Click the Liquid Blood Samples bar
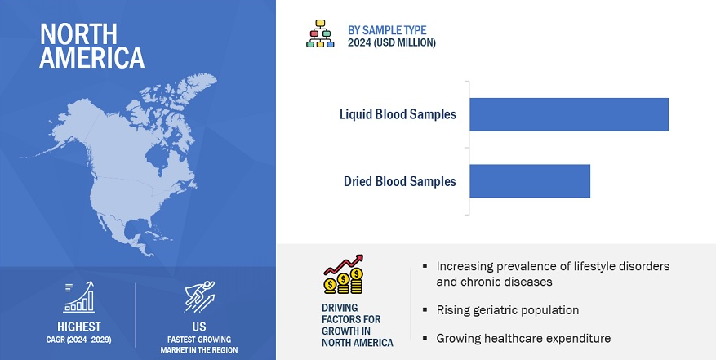pyautogui.click(x=569, y=114)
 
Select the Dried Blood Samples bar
pyautogui.click(x=530, y=181)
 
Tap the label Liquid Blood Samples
pyautogui.click(x=398, y=114)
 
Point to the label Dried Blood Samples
pyautogui.click(x=400, y=181)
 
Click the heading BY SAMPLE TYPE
pyautogui.click(x=387, y=30)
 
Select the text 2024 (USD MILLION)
pyautogui.click(x=392, y=43)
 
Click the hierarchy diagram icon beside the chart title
pyautogui.click(x=320, y=33)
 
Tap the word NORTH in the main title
pyautogui.click(x=78, y=33)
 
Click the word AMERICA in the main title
pyautogui.click(x=91, y=58)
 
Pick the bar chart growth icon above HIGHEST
pyautogui.click(x=79, y=297)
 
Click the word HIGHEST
pyautogui.click(x=79, y=327)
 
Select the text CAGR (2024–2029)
pyautogui.click(x=79, y=340)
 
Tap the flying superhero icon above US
pyautogui.click(x=199, y=297)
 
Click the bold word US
pyautogui.click(x=199, y=327)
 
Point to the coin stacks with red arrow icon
pyautogui.click(x=344, y=274)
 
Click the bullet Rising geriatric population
pyautogui.click(x=508, y=310)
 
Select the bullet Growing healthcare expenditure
pyautogui.click(x=523, y=339)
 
